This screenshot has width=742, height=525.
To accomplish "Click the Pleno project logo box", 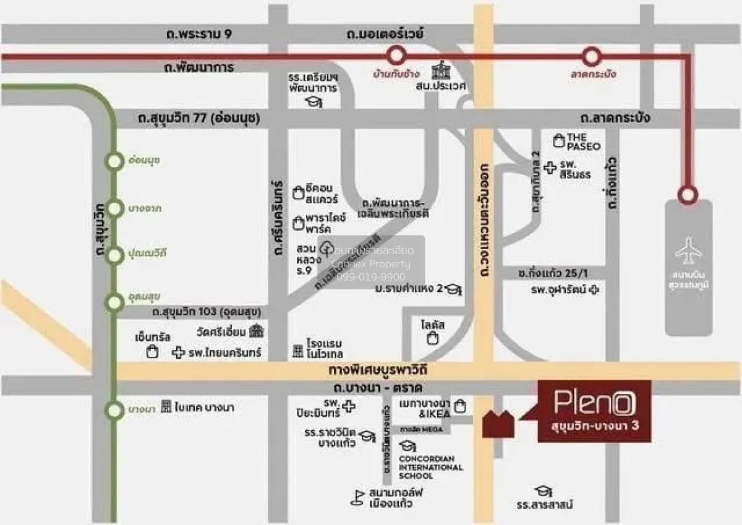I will [x=594, y=411].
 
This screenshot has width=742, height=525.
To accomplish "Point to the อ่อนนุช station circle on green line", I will [x=114, y=161].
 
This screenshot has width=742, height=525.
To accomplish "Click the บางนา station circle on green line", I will [x=114, y=409].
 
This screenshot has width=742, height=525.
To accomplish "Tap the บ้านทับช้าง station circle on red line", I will [x=396, y=57].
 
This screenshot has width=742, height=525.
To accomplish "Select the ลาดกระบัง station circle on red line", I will [x=592, y=57].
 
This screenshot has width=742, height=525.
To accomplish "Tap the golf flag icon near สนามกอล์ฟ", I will [x=357, y=497].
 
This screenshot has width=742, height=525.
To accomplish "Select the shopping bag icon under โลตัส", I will [x=433, y=338].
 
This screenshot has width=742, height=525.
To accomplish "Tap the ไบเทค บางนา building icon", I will [x=166, y=407].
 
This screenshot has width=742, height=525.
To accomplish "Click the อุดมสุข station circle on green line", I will [x=114, y=302].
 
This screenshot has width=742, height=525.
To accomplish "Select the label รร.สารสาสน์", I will [x=545, y=505].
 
